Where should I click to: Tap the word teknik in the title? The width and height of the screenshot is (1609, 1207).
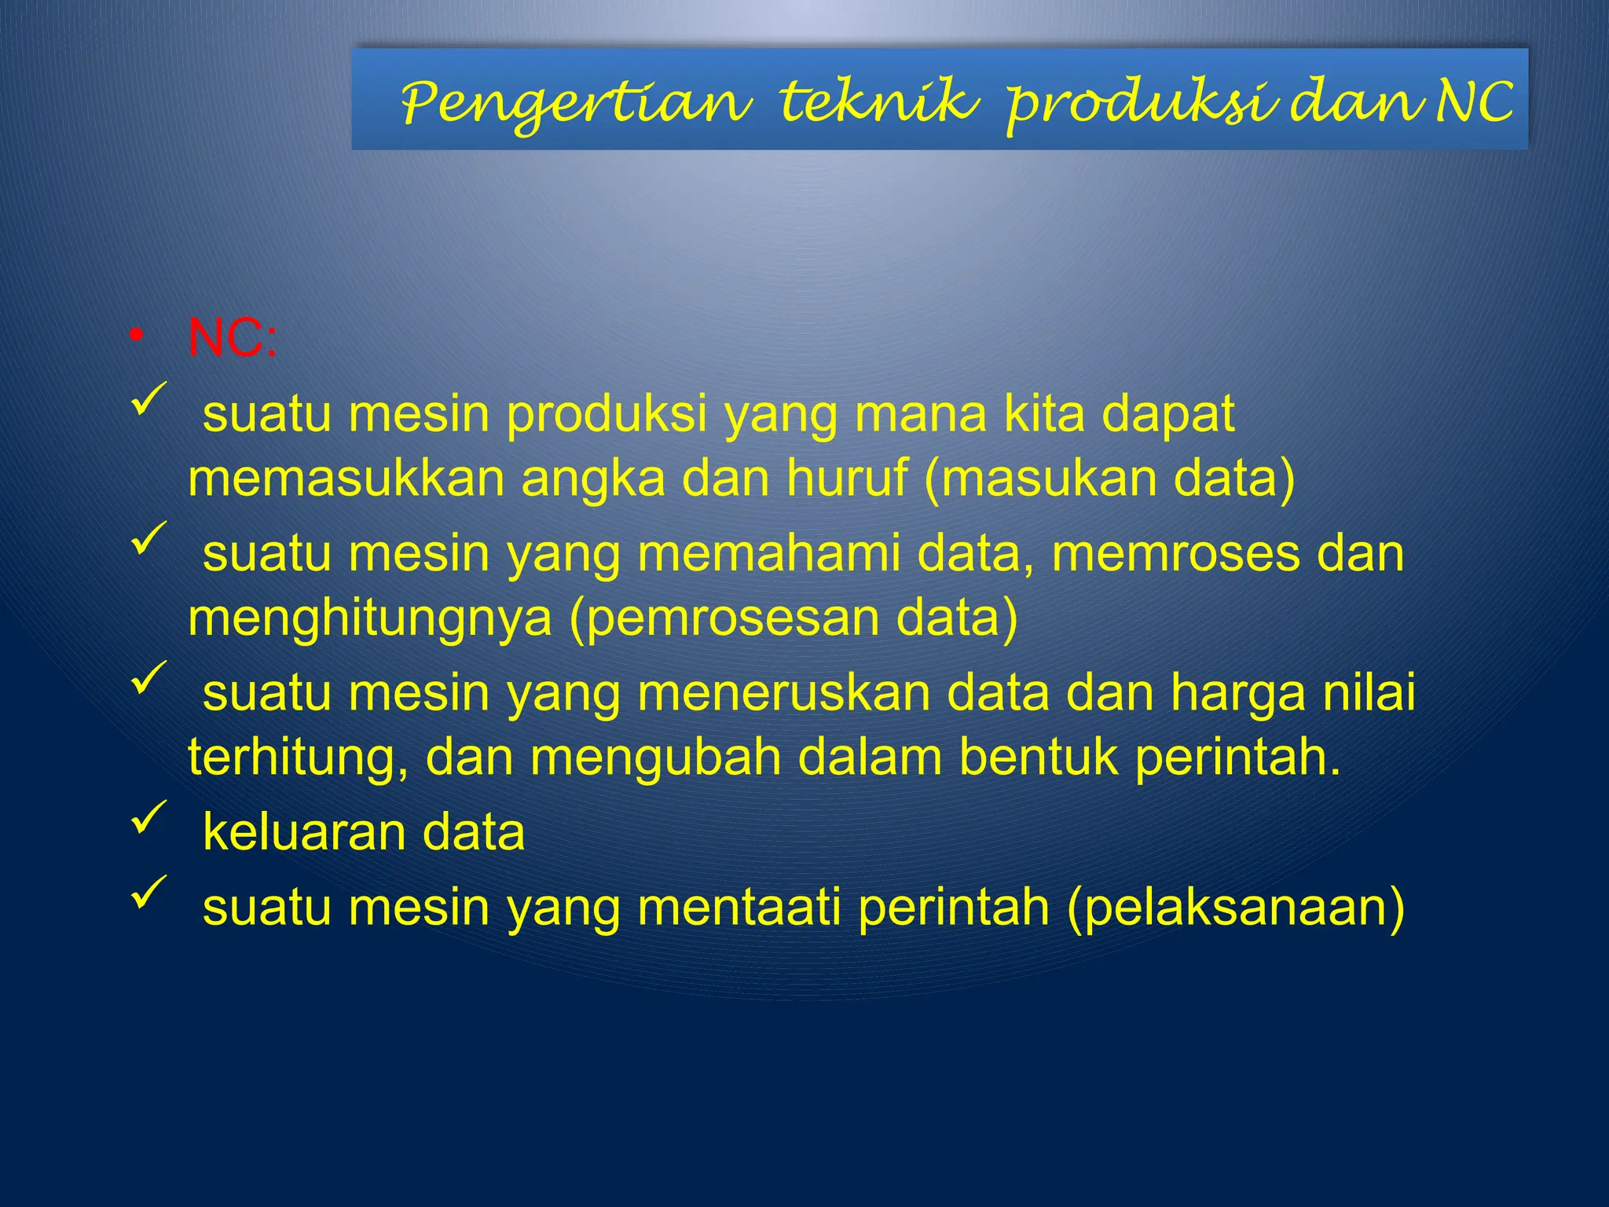(878, 102)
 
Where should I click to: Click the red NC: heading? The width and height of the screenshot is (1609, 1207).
(232, 339)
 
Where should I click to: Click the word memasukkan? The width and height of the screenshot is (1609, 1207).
(346, 479)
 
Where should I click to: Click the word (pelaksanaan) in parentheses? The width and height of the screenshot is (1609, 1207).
(1236, 908)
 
